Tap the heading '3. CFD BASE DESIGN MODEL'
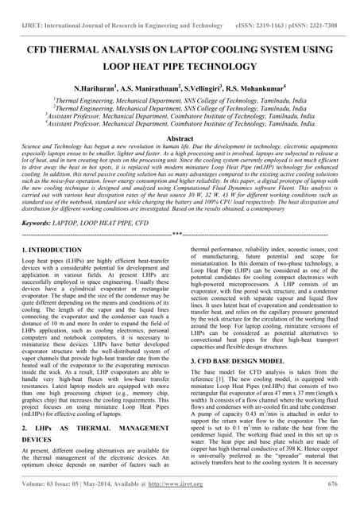tap(235, 361)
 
